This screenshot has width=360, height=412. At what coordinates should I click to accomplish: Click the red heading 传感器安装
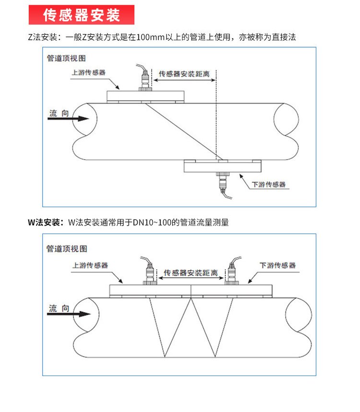point(81,15)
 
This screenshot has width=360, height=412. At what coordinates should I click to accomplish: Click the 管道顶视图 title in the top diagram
point(66,58)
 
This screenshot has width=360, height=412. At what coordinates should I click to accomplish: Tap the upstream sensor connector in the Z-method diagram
point(144,82)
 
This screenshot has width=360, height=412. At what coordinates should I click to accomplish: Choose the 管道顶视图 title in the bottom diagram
point(67,248)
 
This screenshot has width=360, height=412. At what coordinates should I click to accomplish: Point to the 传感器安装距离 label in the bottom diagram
point(191,272)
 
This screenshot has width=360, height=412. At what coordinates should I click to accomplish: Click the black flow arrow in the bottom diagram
point(70,314)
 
